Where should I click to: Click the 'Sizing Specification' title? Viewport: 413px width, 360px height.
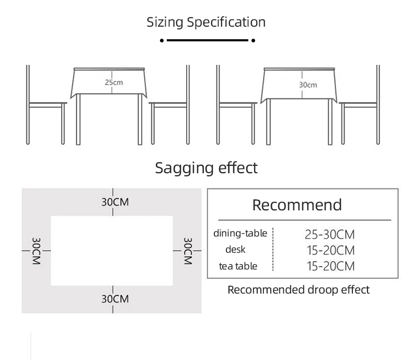click(x=206, y=22)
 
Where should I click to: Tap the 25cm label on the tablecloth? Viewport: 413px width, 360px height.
click(x=113, y=82)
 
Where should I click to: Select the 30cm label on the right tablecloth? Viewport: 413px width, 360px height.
click(x=308, y=84)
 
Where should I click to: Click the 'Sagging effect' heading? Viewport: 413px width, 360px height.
click(x=206, y=168)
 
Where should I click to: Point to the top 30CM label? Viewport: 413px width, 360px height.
click(x=114, y=202)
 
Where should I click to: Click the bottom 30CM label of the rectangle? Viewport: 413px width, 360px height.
click(x=114, y=299)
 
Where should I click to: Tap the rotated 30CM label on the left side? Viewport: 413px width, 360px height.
click(x=36, y=251)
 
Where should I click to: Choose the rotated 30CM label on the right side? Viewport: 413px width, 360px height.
click(x=188, y=251)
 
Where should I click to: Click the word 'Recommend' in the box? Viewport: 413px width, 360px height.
click(x=297, y=205)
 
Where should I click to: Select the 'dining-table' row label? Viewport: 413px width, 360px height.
click(x=240, y=233)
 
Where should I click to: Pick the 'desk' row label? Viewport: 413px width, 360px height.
click(x=235, y=250)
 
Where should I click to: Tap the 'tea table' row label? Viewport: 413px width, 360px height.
click(x=238, y=266)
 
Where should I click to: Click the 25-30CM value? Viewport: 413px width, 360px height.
click(x=329, y=234)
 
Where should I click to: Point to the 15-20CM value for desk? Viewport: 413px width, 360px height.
click(x=330, y=250)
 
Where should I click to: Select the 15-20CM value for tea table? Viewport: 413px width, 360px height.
click(x=330, y=266)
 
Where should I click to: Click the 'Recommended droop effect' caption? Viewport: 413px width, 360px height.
click(x=299, y=289)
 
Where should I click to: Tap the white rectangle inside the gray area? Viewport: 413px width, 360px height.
click(x=112, y=250)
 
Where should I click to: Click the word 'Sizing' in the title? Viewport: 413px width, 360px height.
click(x=165, y=22)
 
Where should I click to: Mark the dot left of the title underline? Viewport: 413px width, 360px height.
click(x=162, y=40)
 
